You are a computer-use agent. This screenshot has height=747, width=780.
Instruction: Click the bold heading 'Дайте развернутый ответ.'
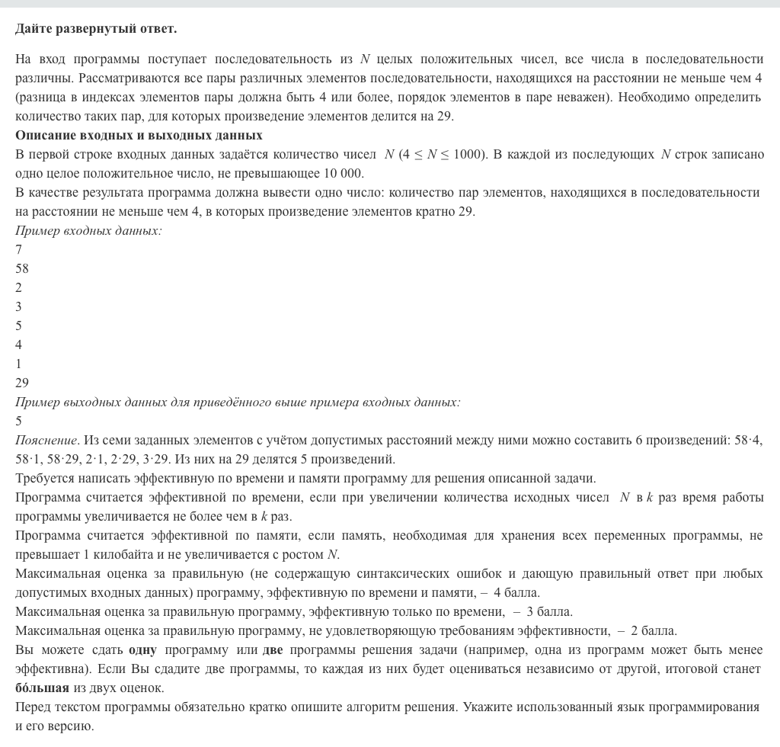pos(96,29)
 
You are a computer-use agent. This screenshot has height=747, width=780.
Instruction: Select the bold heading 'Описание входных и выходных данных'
pos(139,135)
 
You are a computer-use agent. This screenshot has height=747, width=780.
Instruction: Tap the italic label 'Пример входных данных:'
pos(88,230)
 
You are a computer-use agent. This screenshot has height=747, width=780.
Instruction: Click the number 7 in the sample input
pos(19,249)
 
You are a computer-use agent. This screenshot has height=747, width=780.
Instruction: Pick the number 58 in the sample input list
pos(22,268)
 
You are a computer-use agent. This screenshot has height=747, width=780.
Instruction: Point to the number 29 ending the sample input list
pos(22,383)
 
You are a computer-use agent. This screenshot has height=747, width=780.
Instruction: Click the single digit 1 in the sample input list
pos(19,364)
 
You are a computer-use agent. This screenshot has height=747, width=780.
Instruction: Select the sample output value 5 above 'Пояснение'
pos(19,421)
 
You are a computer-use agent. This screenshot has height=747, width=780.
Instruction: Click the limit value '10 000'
pos(345,173)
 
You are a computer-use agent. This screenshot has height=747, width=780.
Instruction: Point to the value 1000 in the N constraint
pos(468,154)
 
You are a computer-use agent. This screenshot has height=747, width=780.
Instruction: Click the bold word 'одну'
pos(142,649)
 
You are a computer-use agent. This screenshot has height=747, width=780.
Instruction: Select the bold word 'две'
pos(273,649)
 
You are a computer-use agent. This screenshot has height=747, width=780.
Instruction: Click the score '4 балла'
pos(516,592)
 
